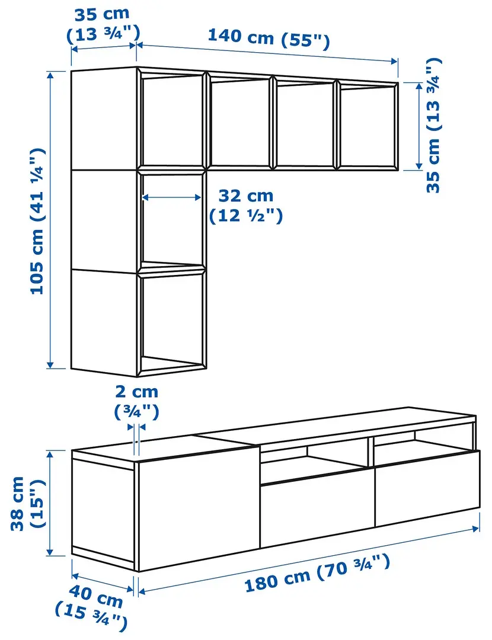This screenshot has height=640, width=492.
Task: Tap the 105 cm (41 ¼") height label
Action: tap(38, 220)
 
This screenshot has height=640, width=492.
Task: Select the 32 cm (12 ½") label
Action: tap(245, 205)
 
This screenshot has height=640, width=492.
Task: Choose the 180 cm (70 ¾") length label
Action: tap(317, 574)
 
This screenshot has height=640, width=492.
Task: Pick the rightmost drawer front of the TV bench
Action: tap(426, 487)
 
